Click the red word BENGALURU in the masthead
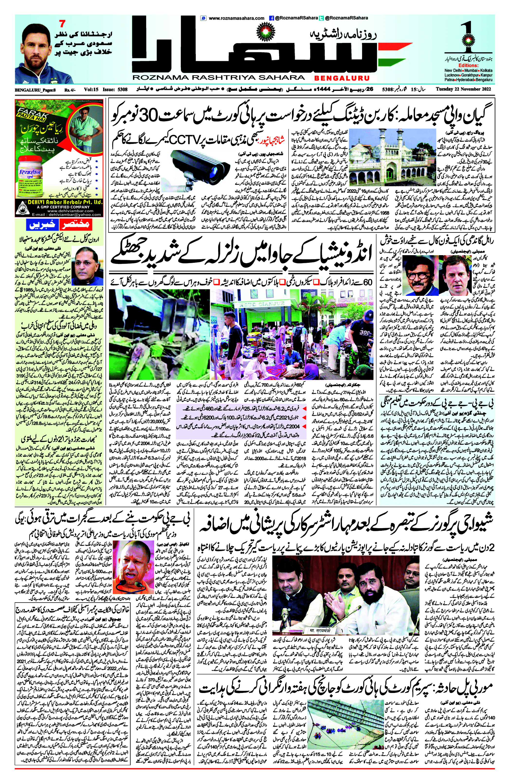point(342,78)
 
